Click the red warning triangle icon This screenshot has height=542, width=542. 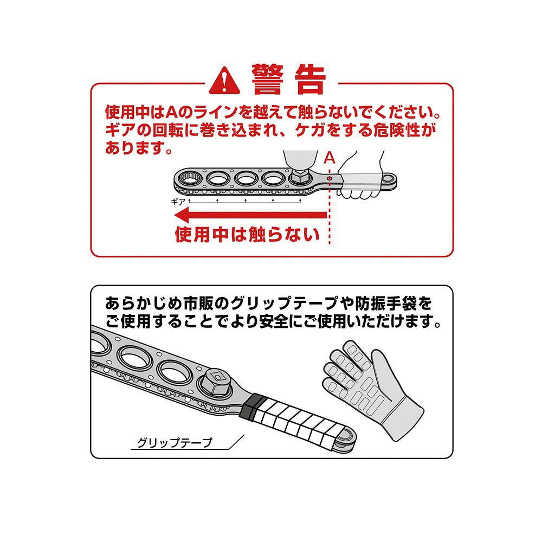point(224,81)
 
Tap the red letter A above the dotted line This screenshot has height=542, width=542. point(330,158)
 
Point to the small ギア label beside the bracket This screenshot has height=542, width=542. point(178,202)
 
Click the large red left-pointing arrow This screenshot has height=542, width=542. point(250,215)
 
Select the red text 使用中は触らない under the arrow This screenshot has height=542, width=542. point(247,234)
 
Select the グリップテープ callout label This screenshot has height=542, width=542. point(174,443)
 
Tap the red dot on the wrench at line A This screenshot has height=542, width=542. point(330,178)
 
